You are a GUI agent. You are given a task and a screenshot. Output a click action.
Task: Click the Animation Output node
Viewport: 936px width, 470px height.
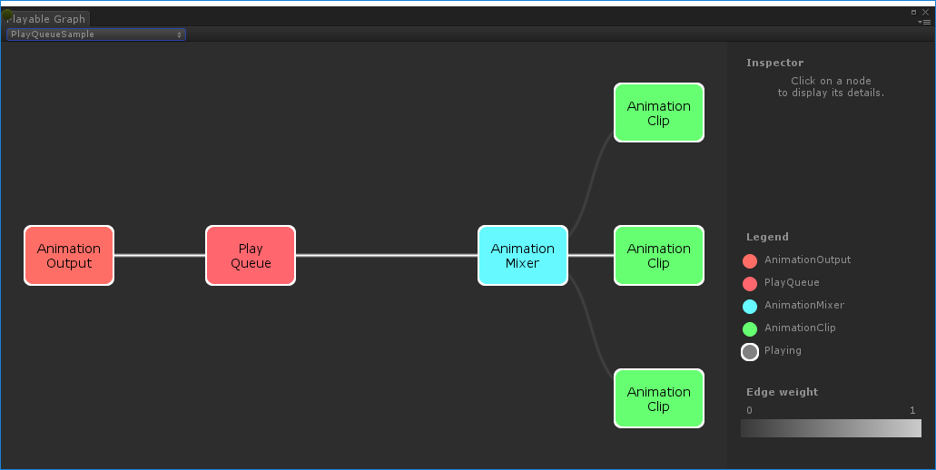click(x=69, y=256)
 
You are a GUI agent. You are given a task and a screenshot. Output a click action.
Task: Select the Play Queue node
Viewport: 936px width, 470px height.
click(x=251, y=256)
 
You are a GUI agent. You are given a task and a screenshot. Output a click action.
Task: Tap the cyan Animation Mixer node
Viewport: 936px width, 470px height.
click(x=522, y=256)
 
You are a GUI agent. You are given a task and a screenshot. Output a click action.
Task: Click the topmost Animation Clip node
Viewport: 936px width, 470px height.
click(x=658, y=113)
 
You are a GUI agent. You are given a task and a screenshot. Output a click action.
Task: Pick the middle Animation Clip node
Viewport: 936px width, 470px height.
click(x=658, y=256)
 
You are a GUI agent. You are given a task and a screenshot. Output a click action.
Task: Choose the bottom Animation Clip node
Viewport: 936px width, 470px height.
click(x=658, y=398)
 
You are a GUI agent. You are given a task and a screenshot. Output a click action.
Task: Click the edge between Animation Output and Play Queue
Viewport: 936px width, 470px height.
click(x=160, y=256)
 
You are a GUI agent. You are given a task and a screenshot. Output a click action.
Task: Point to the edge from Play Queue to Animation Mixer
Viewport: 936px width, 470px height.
click(x=386, y=256)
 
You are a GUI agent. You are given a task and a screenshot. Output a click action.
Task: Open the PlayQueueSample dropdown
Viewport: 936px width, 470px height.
click(x=95, y=34)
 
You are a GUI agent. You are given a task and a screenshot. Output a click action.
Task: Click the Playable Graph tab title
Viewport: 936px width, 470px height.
click(x=47, y=19)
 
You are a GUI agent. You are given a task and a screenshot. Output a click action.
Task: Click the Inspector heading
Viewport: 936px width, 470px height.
click(x=774, y=63)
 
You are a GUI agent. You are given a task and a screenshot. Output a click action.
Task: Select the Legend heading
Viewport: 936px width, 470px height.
click(x=767, y=237)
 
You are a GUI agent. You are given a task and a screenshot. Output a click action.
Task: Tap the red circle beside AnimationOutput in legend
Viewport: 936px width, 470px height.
click(x=750, y=260)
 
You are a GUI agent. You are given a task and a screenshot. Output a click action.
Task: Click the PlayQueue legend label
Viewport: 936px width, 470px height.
click(x=792, y=282)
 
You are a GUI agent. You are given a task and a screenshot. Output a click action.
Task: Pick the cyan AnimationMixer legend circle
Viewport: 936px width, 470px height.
click(x=750, y=306)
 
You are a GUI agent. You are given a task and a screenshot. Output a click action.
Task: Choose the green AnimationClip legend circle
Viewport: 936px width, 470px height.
click(x=750, y=328)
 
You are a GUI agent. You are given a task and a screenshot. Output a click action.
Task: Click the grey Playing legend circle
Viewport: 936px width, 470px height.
click(x=750, y=352)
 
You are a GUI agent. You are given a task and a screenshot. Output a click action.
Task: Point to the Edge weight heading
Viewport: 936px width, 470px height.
click(x=782, y=392)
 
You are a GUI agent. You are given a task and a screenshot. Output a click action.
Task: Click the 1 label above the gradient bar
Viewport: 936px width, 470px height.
click(x=912, y=411)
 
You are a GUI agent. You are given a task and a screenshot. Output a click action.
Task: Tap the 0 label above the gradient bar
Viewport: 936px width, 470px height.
click(x=749, y=411)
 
